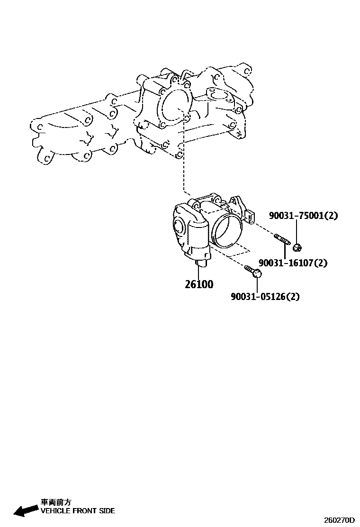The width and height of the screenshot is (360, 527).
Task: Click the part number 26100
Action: coord(199,285)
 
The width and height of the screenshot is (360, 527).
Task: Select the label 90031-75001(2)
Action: coord(304,216)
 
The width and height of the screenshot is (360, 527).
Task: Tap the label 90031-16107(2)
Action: coord(293,263)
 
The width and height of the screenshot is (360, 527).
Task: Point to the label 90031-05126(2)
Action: coord(265,297)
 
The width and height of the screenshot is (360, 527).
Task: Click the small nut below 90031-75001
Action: coord(297,246)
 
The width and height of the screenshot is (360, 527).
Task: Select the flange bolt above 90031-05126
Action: coord(253,272)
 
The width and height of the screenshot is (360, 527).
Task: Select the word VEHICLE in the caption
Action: coord(56,511)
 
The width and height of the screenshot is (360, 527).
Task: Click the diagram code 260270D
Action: coord(339,520)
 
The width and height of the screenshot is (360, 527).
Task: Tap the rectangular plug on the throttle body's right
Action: coord(250,216)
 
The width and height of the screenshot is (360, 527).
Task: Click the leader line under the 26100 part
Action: coord(199,272)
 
